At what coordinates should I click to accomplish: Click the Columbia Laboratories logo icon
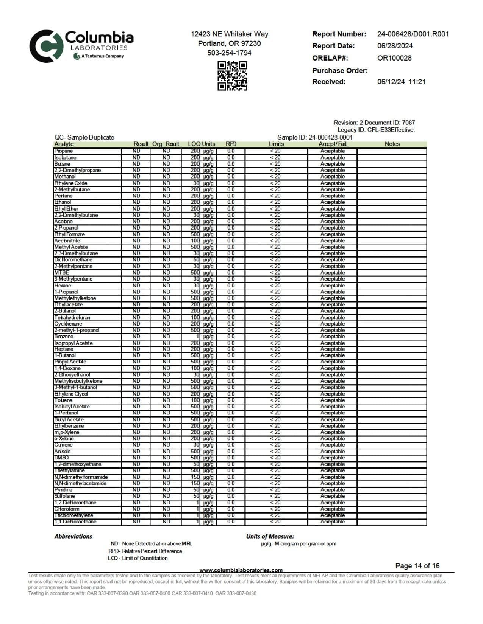[x=46, y=46]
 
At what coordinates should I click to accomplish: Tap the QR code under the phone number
[x=232, y=76]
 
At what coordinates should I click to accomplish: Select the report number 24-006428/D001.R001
[x=413, y=34]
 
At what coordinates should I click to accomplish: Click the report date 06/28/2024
[x=395, y=46]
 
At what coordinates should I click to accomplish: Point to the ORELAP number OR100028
[x=394, y=58]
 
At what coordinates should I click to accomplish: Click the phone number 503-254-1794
[x=229, y=53]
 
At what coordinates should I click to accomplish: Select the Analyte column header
[x=64, y=144]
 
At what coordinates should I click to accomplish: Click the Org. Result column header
[x=166, y=144]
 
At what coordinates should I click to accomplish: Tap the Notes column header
[x=392, y=144]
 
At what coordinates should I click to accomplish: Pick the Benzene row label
[x=64, y=337]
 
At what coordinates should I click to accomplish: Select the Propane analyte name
[x=63, y=151]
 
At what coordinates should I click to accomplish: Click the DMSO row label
[x=61, y=458]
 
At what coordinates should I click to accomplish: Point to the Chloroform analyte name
[x=67, y=509]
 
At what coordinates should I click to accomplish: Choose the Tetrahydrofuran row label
[x=72, y=318]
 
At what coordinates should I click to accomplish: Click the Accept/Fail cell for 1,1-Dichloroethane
[x=332, y=522]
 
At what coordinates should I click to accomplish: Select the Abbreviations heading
[x=73, y=536]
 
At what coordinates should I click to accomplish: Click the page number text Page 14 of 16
[x=417, y=566]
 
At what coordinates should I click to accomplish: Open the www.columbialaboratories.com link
[x=241, y=570]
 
